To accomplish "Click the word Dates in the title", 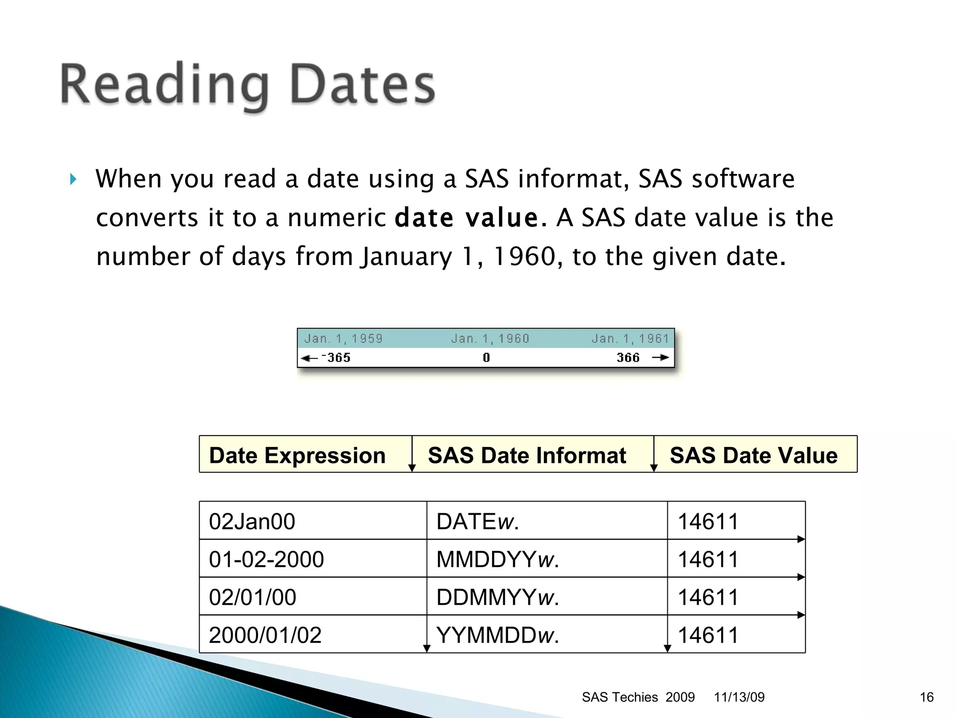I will (363, 85).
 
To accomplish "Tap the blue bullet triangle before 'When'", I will (73, 179).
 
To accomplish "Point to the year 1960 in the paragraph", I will (524, 257).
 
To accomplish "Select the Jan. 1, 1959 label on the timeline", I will (343, 338).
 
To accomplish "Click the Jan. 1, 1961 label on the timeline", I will (630, 338).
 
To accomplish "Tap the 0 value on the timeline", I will (486, 358).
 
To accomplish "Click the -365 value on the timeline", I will (336, 358).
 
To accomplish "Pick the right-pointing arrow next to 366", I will (660, 358).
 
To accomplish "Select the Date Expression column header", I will (297, 455).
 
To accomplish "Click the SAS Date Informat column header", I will (527, 455).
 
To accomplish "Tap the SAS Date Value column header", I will (753, 455).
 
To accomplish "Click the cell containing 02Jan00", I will (252, 522).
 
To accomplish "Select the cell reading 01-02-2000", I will (266, 560).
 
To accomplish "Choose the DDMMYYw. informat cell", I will (497, 597).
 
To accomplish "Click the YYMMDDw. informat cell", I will (497, 635).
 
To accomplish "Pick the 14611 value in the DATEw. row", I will (707, 522).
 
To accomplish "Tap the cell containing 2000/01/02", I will (265, 635).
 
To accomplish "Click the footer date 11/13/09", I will (739, 697).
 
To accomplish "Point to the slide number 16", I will (926, 697).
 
